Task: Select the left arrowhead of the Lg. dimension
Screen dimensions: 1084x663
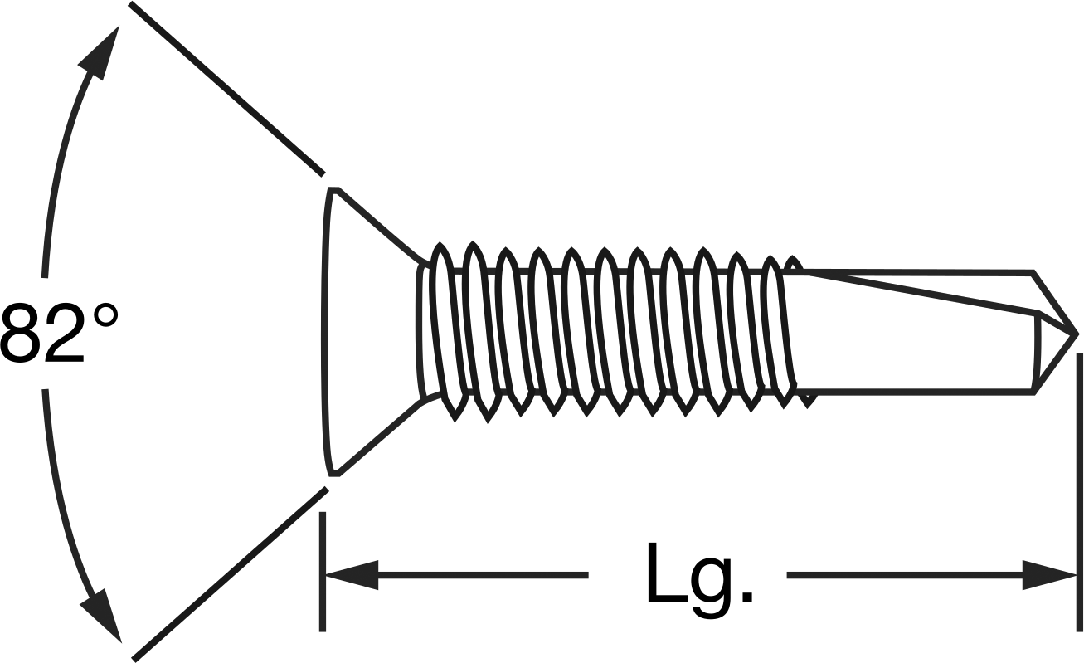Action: point(352,575)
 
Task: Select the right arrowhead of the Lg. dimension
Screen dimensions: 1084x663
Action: point(1049,575)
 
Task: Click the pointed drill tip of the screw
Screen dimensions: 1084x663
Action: point(1077,334)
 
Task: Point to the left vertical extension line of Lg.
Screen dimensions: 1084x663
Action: point(323,572)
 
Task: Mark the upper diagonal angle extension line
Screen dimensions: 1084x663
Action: point(226,89)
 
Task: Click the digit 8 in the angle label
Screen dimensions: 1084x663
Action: point(22,333)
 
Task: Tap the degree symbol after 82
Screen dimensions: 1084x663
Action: point(105,317)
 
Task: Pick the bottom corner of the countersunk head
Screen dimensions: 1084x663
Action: point(335,475)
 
